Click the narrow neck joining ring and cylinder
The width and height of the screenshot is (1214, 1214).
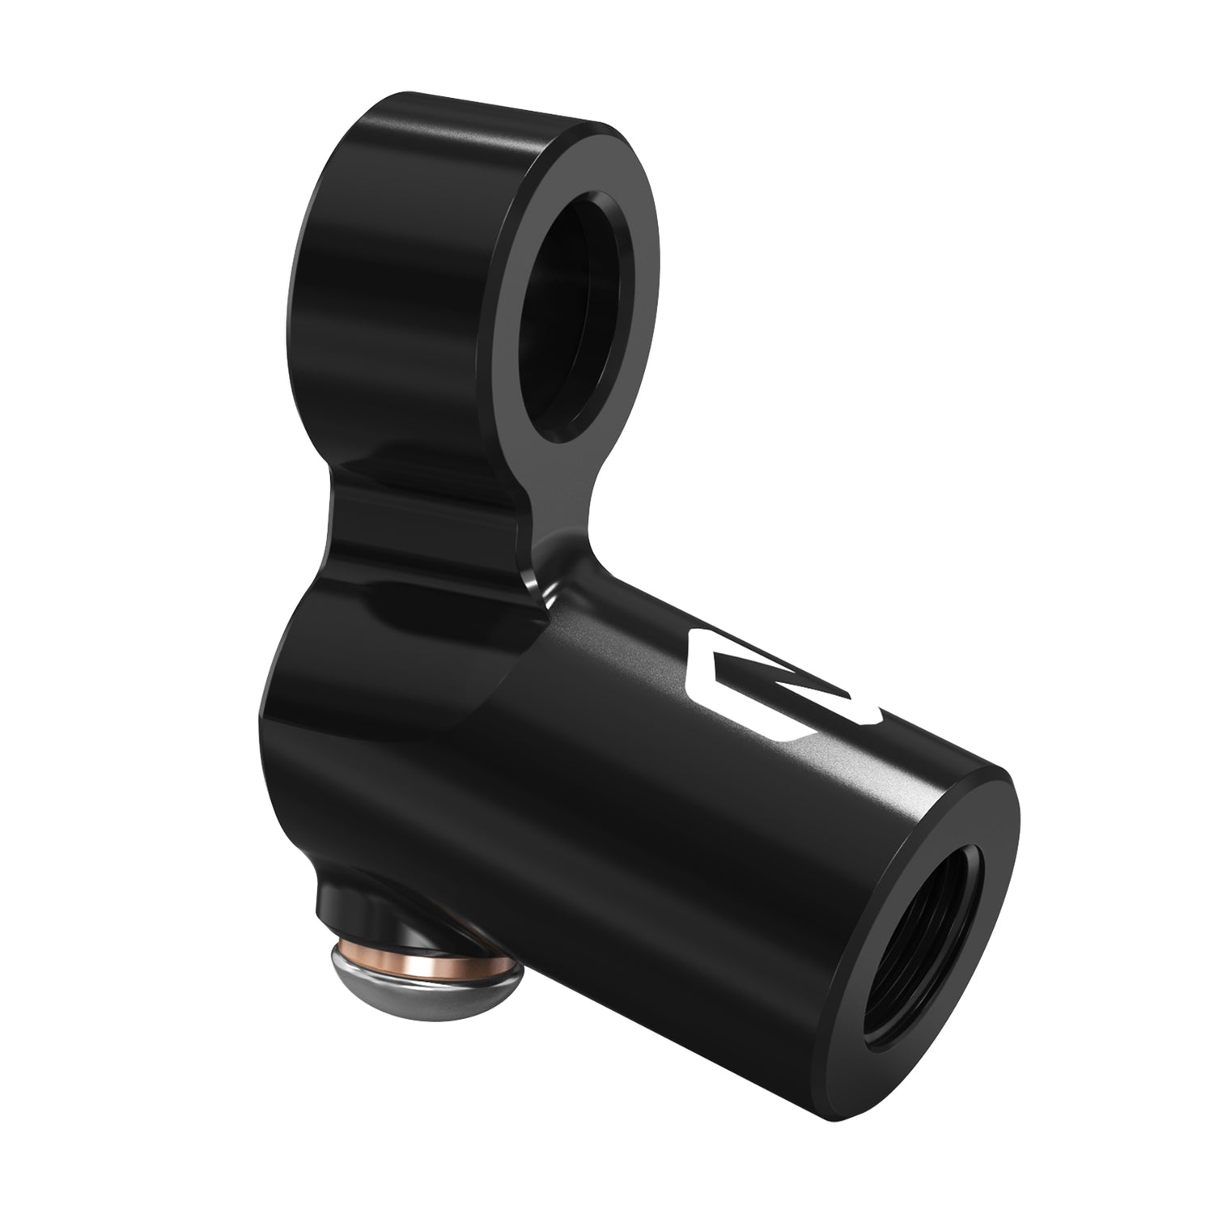[x=453, y=518]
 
